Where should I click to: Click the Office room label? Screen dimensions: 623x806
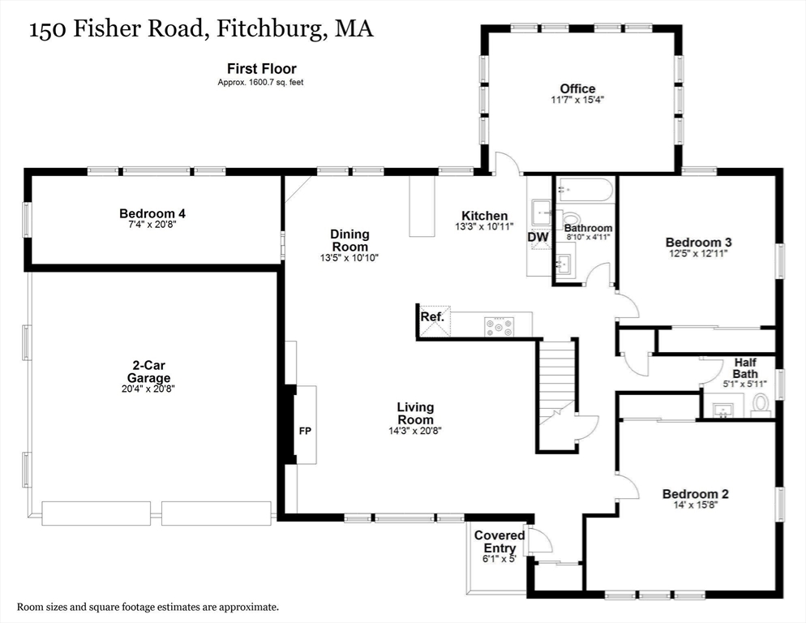pos(577,88)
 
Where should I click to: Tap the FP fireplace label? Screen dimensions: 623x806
pos(305,431)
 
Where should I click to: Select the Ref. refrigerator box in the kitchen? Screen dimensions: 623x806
pos(432,316)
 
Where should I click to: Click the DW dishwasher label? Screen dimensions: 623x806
pos(538,237)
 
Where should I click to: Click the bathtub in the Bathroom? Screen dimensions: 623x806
pos(584,191)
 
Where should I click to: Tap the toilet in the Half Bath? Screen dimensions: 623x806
pos(761,403)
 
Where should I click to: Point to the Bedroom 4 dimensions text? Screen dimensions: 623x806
pos(152,224)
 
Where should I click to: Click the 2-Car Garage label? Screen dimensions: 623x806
pos(148,372)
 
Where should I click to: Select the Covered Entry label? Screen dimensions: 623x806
pos(499,542)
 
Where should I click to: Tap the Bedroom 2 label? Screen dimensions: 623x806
pos(695,494)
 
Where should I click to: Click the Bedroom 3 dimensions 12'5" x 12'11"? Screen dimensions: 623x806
pos(698,253)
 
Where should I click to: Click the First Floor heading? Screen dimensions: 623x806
pos(261,69)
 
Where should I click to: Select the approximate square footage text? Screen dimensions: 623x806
pos(260,83)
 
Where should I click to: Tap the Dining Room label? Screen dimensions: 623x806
pos(349,240)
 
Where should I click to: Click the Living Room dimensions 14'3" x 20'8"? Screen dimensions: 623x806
pos(415,430)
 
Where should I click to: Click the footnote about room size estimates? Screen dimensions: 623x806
pos(148,607)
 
